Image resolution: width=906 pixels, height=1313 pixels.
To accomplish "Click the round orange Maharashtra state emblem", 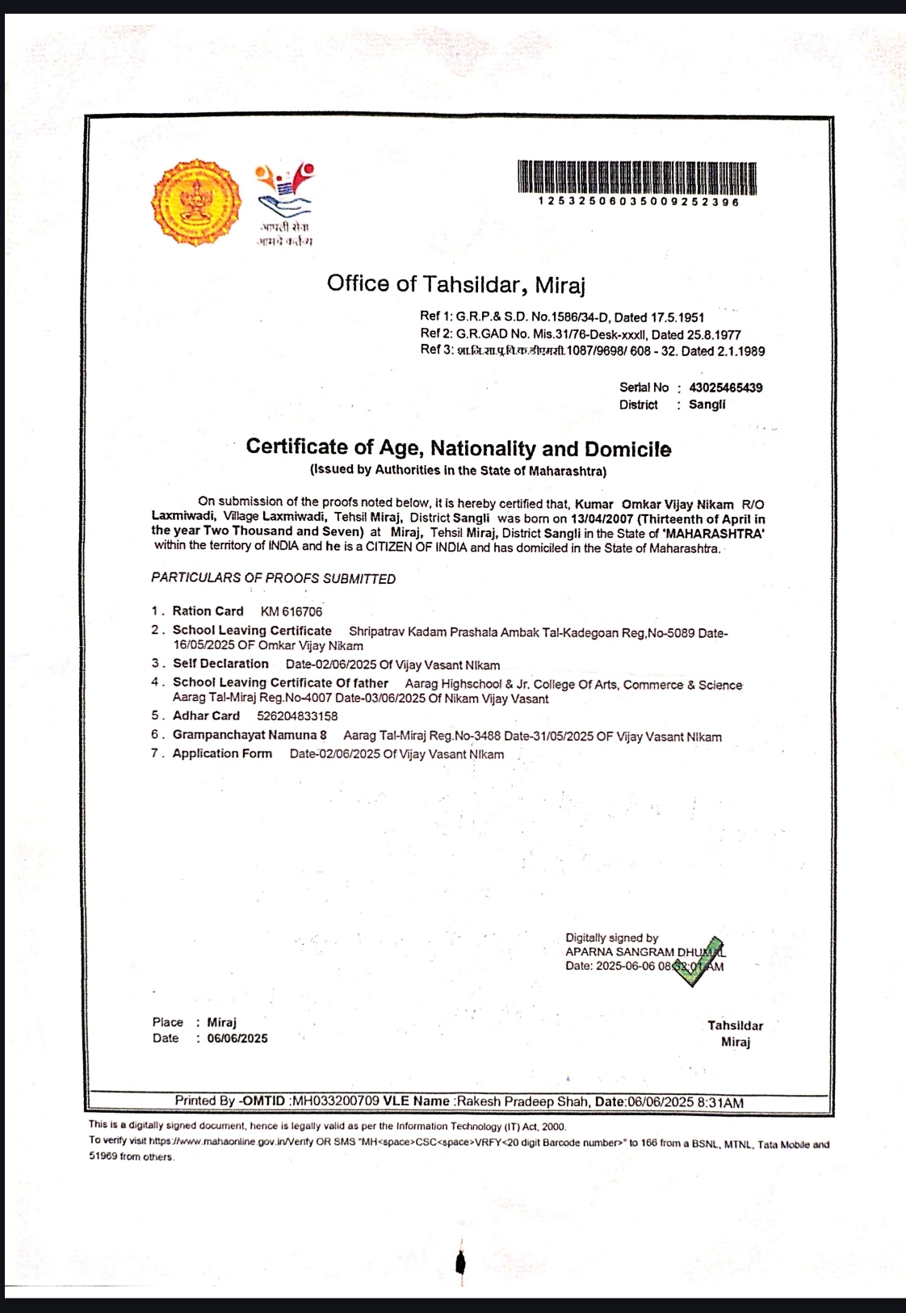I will pos(196,202).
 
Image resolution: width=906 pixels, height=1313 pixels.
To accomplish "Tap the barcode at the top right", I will pos(636,178).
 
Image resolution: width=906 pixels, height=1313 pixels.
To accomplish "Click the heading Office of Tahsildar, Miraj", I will pos(455,284).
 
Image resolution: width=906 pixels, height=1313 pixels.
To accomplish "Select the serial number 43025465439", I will pos(725,388).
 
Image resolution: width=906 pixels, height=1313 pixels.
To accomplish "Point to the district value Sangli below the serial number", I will pos(707,405).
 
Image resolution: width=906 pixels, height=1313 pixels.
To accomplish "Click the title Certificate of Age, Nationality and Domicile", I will pos(458,448).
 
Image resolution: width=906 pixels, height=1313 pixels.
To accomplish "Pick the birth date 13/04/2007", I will pos(602,519).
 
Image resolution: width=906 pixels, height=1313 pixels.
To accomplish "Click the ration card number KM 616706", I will pos(291,612).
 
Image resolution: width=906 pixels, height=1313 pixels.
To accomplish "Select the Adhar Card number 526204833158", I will pos(297,716).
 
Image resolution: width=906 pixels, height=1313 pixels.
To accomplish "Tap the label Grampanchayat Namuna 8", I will pos(250,735).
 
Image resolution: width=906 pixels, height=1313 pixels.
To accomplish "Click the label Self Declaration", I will pos(220,664).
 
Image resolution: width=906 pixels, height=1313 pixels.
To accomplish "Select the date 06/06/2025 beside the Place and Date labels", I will pos(237,1038).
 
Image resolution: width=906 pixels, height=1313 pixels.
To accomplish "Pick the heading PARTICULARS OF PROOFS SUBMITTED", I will pos(273,579).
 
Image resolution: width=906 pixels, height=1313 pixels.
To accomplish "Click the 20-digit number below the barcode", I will pos(638,202).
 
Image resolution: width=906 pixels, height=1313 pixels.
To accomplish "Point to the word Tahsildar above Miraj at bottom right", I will pos(735,1026).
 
